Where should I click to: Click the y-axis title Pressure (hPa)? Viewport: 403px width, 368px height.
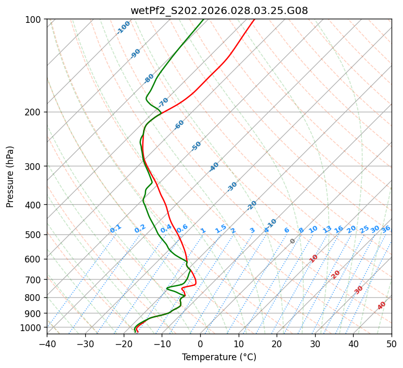(10, 177)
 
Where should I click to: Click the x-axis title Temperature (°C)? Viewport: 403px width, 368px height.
(219, 357)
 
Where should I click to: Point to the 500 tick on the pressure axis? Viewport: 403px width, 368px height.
(34, 235)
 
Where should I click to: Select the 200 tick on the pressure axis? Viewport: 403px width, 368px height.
(34, 112)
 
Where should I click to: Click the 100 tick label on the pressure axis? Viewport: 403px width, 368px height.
(34, 20)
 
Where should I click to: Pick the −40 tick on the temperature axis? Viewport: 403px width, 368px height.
(47, 344)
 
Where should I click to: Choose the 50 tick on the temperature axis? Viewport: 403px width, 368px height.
(392, 344)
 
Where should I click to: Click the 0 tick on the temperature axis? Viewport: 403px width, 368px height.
(200, 344)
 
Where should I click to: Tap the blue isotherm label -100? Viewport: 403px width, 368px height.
(123, 28)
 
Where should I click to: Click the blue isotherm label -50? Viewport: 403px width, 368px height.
(196, 146)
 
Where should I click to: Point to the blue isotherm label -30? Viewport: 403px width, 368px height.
(232, 187)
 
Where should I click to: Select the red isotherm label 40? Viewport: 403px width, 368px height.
(382, 306)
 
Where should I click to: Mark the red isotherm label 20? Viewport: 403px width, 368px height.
(335, 274)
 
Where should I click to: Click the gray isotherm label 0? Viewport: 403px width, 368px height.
(293, 241)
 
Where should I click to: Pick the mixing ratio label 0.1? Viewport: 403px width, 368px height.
(115, 228)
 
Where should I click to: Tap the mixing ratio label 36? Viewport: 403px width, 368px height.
(386, 229)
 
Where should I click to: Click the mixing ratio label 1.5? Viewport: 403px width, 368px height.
(220, 228)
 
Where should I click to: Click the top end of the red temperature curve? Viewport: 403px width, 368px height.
(254, 19)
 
